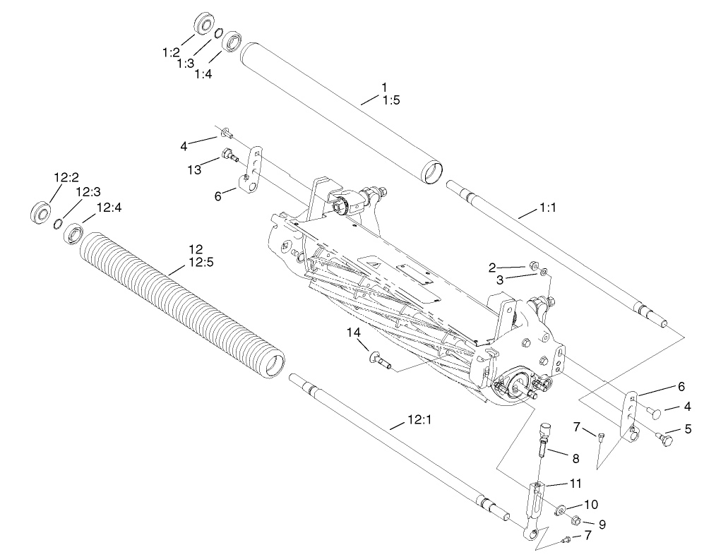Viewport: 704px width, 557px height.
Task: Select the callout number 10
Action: [590, 505]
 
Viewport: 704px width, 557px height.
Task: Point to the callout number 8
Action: [575, 458]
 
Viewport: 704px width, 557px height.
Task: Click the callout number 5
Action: [687, 428]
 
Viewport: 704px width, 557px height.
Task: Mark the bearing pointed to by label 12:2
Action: [41, 212]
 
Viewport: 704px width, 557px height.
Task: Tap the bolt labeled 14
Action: [378, 361]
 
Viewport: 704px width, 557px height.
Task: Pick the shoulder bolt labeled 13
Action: [228, 154]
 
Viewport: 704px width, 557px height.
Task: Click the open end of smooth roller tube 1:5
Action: [431, 172]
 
